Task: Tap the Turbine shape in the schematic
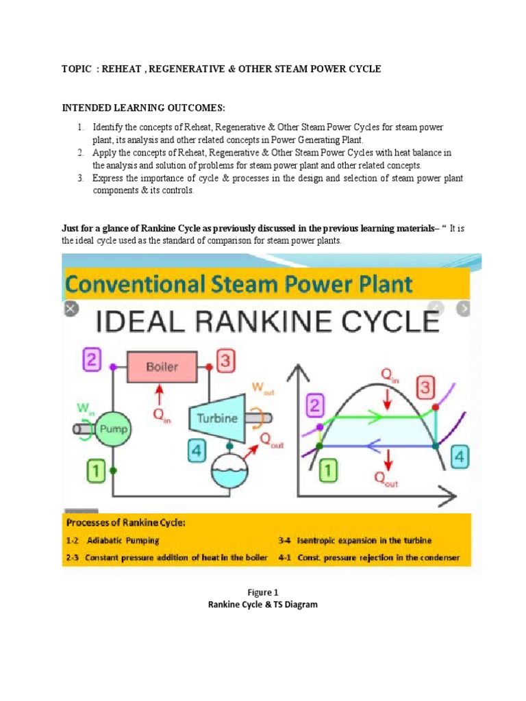[218, 418]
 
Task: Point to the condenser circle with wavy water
[231, 470]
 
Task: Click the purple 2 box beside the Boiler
[92, 358]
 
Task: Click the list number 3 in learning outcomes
[79, 178]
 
